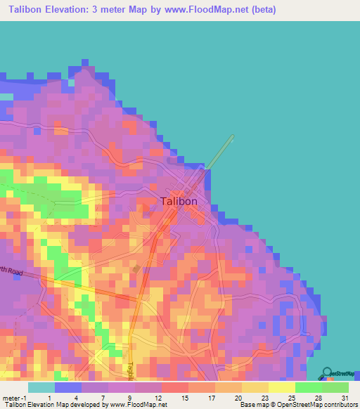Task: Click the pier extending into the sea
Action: coord(220,152)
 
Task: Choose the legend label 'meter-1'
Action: coord(13,398)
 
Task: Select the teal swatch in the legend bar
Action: coord(41,387)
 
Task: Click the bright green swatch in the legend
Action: coord(308,387)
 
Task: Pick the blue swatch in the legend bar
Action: coord(68,387)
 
